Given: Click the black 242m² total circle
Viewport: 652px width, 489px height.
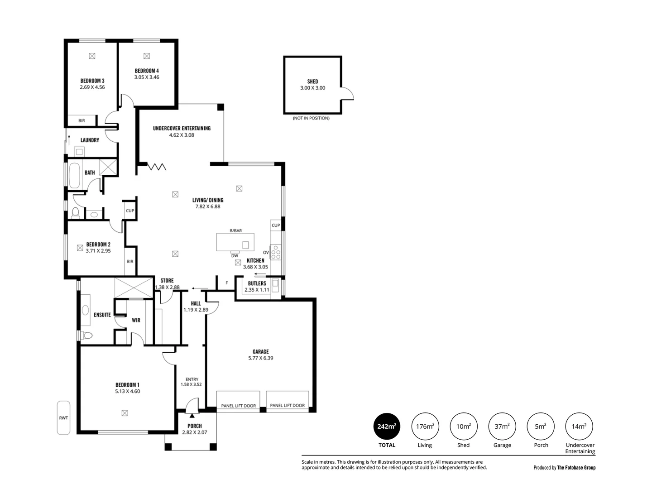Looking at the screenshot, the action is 387,426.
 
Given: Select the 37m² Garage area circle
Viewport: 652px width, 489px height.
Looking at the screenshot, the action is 502,426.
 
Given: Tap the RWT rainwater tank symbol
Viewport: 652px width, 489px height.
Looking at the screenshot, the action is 63,418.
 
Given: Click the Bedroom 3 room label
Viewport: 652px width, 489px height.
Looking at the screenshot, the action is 92,81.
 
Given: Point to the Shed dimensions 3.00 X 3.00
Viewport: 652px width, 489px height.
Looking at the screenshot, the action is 312,88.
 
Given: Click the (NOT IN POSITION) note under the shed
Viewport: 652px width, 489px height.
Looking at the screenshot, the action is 311,118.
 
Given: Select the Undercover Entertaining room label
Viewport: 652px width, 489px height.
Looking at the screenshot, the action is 182,128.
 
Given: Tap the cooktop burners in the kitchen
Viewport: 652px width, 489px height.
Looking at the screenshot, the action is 276,252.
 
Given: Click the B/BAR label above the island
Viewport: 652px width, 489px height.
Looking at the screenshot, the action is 236,230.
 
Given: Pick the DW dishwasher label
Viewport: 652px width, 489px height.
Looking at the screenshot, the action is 235,256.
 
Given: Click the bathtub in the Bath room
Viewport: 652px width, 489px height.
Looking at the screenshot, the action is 74,175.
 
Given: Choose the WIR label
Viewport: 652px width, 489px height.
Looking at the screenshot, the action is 136,320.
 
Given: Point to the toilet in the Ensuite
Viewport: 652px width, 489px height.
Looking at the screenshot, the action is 87,336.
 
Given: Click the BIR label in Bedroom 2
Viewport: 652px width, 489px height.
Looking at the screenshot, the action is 130,261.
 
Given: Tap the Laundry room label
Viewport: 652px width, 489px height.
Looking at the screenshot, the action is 90,140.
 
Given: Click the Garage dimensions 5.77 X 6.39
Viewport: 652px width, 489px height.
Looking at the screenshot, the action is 261,358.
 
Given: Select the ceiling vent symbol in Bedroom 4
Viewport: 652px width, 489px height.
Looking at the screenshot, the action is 146,56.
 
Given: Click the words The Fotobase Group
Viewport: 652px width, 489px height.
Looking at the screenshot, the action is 576,468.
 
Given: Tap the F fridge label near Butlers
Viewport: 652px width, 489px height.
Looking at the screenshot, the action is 227,283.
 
